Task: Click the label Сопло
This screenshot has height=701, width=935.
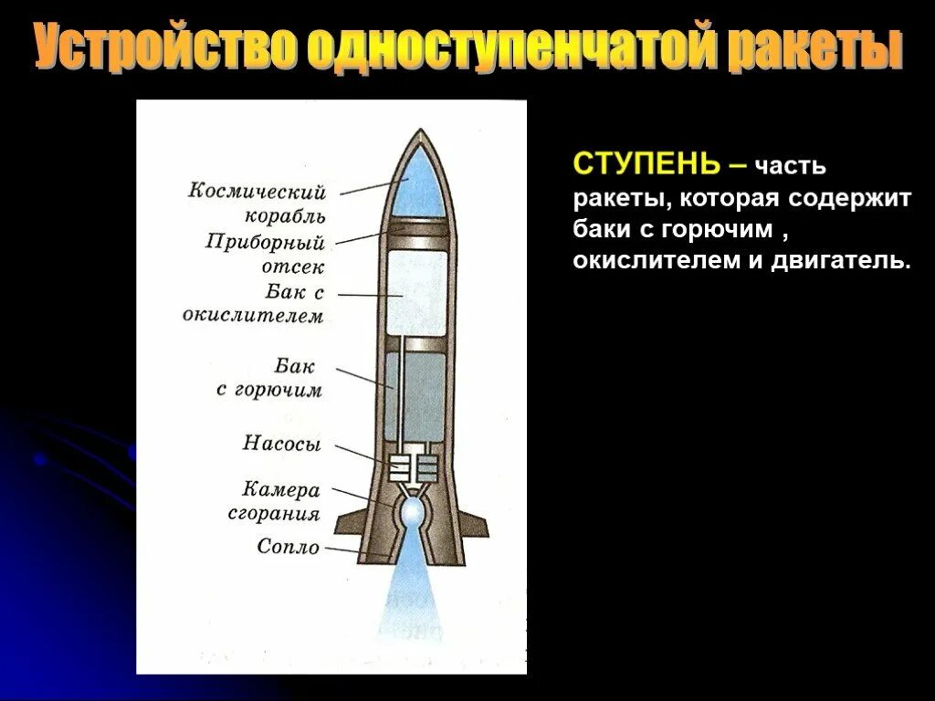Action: [289, 548]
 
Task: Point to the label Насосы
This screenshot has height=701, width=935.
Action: [282, 445]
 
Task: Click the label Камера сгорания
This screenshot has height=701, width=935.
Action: [275, 501]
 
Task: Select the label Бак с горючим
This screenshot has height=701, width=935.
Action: [271, 378]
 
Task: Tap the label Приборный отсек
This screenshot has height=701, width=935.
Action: [266, 255]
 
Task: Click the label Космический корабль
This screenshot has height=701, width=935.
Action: [257, 204]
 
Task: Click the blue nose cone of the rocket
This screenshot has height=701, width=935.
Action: [417, 183]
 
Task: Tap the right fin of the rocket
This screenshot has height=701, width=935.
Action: [472, 525]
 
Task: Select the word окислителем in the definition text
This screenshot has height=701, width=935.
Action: [653, 261]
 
